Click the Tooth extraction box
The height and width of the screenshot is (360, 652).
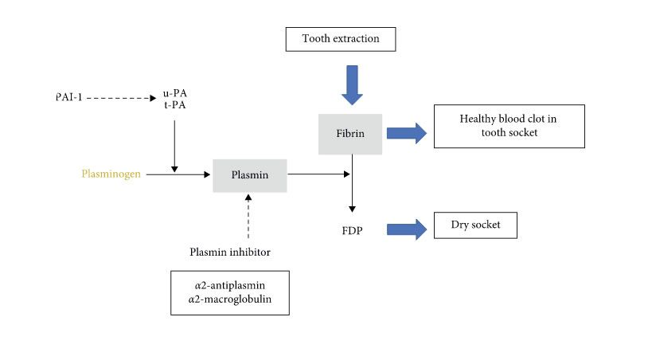[x=340, y=38]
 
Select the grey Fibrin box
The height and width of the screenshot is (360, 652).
[x=349, y=133]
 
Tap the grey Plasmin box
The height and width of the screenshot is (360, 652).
[x=249, y=174]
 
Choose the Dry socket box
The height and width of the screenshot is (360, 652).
[x=474, y=225]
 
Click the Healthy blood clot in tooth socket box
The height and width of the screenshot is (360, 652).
[x=508, y=126]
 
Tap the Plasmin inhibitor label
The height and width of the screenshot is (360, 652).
[x=230, y=252]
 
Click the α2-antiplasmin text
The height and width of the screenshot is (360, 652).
[x=229, y=284]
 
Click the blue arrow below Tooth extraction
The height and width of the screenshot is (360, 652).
[x=351, y=84]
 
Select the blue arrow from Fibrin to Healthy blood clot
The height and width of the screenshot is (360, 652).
[x=407, y=133]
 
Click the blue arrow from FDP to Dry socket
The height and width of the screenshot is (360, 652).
[x=407, y=229]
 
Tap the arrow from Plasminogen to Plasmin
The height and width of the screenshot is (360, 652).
[x=178, y=174]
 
